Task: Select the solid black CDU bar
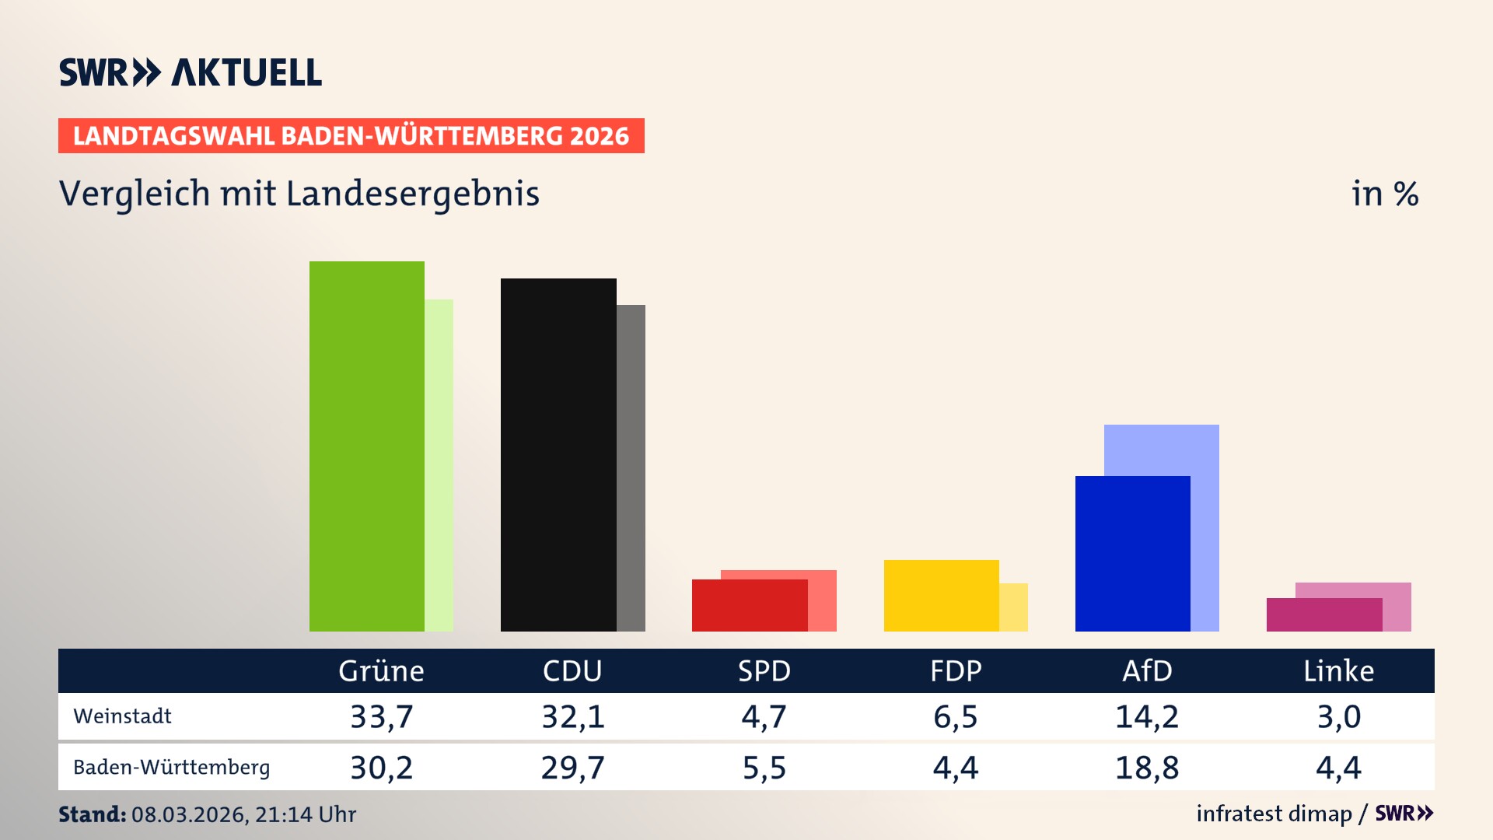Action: [558, 454]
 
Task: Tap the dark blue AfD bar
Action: [1132, 553]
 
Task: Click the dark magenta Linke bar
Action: [1323, 614]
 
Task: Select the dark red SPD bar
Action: [749, 605]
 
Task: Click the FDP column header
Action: [956, 670]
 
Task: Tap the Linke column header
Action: [1338, 670]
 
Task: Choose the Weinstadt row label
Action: [122, 716]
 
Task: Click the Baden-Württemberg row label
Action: [171, 767]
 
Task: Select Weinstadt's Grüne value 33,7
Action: [381, 716]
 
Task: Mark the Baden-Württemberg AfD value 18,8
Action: [1147, 768]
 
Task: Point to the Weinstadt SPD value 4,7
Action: [764, 716]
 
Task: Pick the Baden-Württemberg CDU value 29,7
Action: [572, 768]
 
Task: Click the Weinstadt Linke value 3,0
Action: [1338, 716]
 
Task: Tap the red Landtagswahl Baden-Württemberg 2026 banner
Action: [351, 136]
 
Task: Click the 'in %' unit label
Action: [1384, 194]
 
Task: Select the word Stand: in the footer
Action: [92, 814]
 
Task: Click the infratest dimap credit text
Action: [1274, 814]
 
